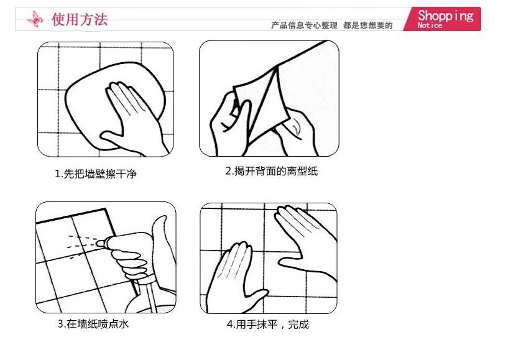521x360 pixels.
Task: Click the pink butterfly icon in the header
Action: (35, 19)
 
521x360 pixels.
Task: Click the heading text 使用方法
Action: (80, 19)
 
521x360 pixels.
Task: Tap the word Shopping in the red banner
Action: (446, 16)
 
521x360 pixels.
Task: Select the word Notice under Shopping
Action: (430, 25)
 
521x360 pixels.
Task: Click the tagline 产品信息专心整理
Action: (304, 25)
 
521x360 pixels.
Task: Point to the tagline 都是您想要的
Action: (368, 25)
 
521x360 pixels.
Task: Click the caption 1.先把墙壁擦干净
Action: (96, 173)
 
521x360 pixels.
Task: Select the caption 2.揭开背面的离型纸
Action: (272, 171)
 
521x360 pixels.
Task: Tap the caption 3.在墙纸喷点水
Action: (93, 324)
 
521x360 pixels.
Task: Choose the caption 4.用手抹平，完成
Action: (268, 324)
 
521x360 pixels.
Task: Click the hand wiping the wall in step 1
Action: (133, 119)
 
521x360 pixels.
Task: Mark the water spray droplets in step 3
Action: (81, 246)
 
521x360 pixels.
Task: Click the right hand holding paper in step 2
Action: (296, 131)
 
